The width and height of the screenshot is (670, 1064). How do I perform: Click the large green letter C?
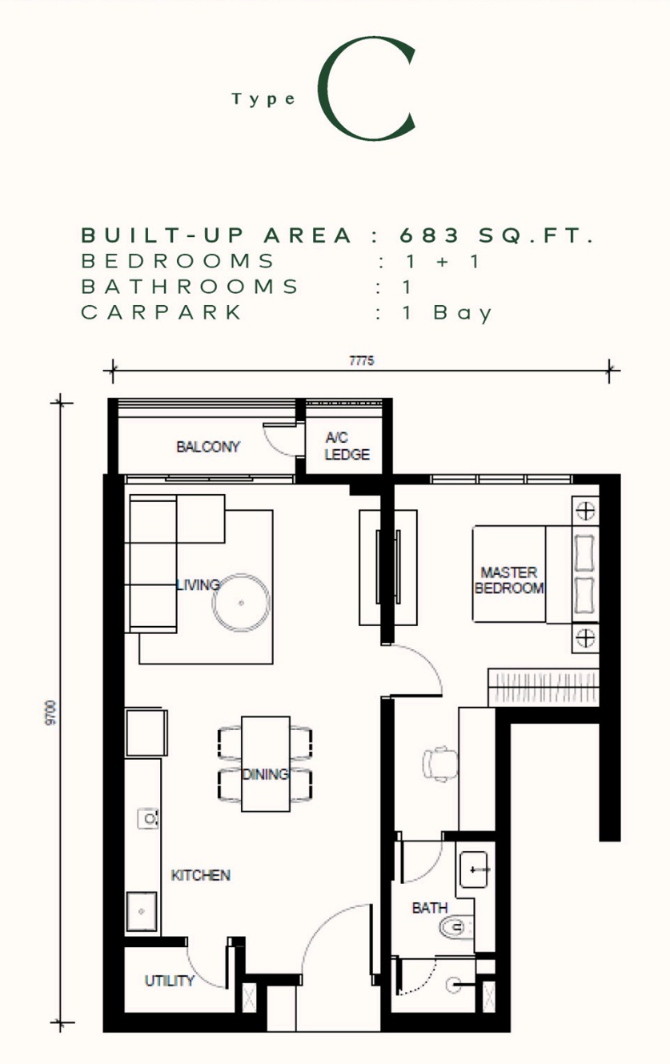[327, 89]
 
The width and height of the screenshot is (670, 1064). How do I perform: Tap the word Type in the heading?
[263, 99]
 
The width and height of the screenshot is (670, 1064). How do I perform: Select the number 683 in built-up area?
[429, 235]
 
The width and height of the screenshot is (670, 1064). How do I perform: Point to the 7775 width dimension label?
[361, 361]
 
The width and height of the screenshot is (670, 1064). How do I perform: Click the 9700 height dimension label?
[50, 713]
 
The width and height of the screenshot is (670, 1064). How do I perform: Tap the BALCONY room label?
[208, 447]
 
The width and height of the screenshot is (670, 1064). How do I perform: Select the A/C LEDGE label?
[347, 446]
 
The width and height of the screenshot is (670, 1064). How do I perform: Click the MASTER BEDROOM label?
[509, 580]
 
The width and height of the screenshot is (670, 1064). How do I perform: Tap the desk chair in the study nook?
[439, 763]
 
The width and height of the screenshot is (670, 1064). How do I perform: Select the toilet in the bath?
[456, 927]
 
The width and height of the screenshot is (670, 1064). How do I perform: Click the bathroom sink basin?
[473, 869]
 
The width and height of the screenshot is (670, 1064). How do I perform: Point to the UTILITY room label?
[170, 981]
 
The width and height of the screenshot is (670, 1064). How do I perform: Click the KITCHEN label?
[200, 875]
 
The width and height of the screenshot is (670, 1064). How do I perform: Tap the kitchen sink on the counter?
[142, 911]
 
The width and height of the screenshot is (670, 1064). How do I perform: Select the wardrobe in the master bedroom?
[544, 687]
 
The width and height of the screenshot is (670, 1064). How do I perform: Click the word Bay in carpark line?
[462, 313]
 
